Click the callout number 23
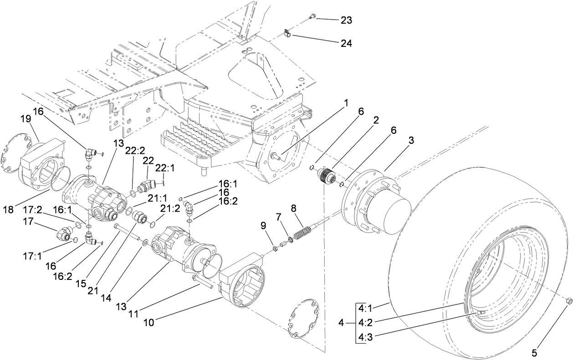(x=346, y=20)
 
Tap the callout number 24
(x=346, y=43)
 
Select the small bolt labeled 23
(x=312, y=16)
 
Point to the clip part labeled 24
(x=286, y=33)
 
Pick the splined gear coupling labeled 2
(x=326, y=175)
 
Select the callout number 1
(x=346, y=103)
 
